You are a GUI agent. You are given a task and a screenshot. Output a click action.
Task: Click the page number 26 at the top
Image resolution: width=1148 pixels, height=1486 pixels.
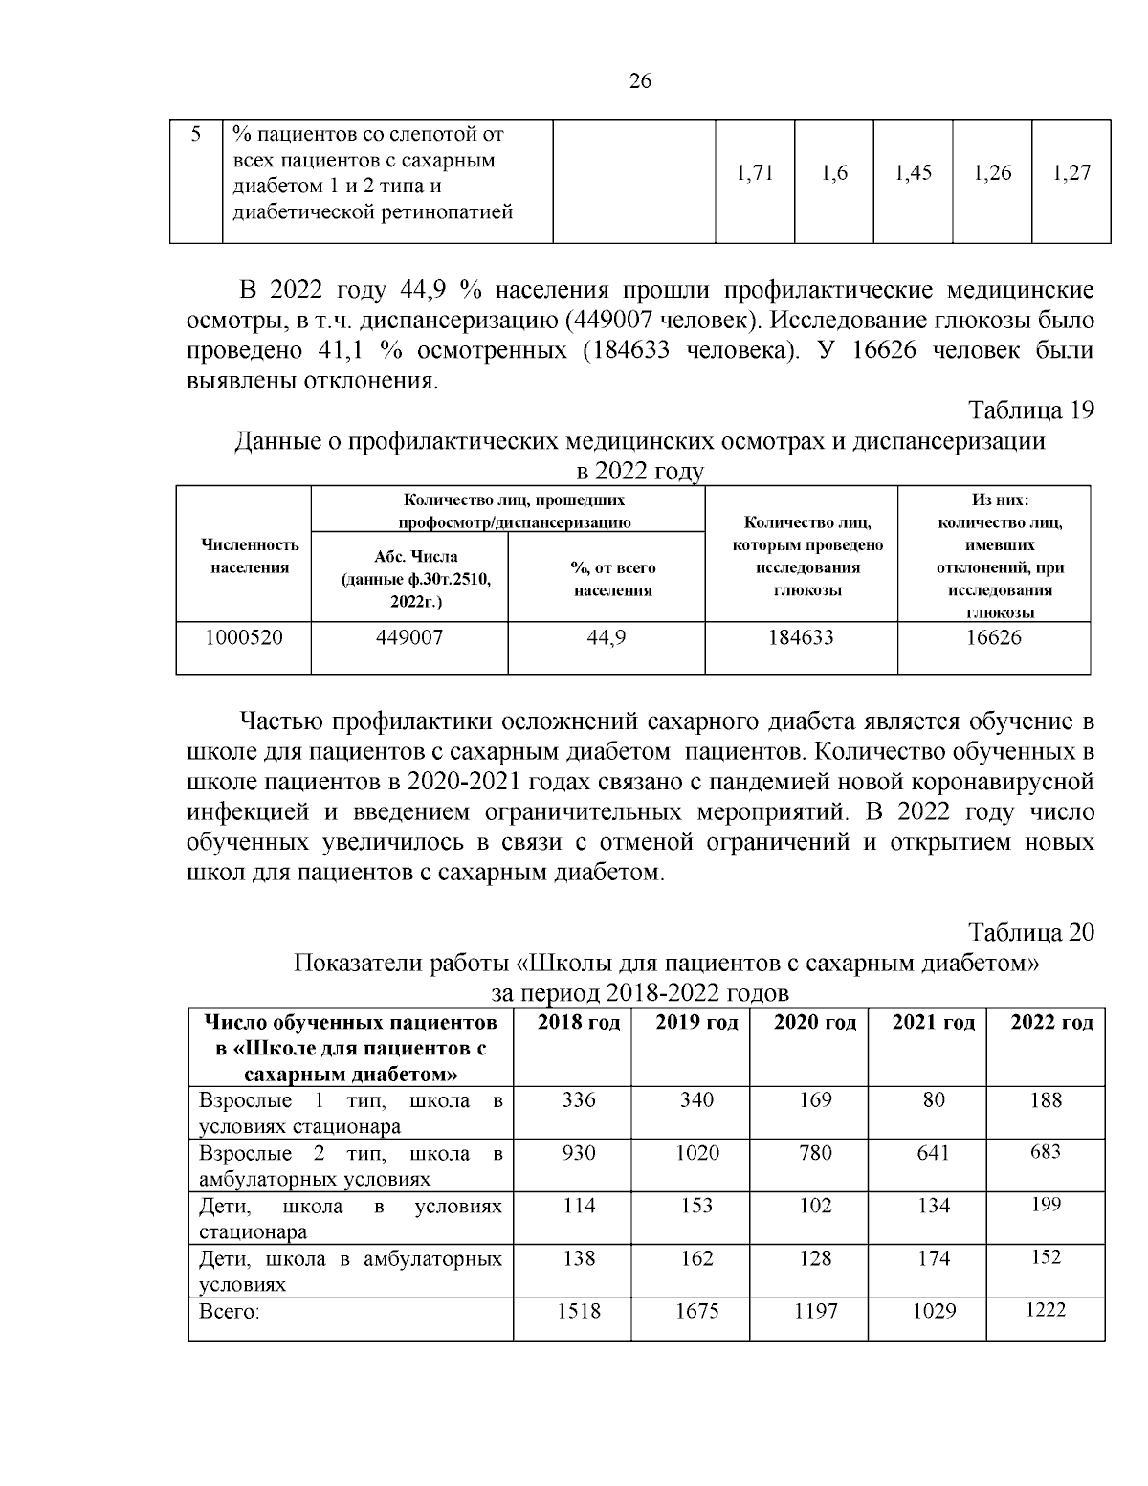(x=640, y=82)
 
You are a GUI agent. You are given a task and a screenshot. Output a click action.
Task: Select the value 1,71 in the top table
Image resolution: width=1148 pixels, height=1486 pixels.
(x=755, y=173)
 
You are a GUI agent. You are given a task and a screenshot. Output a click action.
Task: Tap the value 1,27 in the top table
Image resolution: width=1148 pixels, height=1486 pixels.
(x=1071, y=173)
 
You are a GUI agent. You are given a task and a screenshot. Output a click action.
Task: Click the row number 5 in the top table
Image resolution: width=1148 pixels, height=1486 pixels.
(x=195, y=134)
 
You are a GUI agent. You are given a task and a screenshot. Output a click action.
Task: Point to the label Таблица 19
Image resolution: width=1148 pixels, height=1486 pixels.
(x=1031, y=410)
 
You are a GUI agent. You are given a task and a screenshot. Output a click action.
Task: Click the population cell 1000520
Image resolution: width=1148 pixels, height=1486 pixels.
(x=244, y=637)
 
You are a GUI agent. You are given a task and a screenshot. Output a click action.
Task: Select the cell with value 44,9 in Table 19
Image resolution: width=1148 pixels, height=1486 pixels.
(x=606, y=637)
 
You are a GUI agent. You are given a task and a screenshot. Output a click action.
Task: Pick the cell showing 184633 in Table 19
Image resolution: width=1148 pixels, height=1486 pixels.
(x=801, y=637)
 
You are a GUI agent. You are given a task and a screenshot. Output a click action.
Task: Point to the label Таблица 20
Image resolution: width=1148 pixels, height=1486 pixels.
(x=1031, y=932)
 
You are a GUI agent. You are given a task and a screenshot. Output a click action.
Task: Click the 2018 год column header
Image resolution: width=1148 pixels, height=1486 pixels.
(x=578, y=1023)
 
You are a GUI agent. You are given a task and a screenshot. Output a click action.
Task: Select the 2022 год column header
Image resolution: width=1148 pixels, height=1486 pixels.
(x=1051, y=1023)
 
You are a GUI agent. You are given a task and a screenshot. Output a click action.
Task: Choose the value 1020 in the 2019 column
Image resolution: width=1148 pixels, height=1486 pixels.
(x=696, y=1153)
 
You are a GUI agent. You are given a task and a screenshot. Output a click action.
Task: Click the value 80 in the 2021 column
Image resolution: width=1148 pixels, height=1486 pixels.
(x=934, y=1100)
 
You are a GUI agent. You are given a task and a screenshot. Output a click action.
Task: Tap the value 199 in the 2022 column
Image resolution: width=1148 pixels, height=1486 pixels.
(x=1046, y=1205)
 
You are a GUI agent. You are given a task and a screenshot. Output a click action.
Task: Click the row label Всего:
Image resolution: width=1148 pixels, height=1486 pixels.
(x=230, y=1311)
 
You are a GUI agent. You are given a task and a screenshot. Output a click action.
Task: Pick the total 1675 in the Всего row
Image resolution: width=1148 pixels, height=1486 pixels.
(x=696, y=1311)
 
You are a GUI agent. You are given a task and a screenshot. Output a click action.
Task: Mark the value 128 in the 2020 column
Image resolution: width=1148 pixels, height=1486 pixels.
(x=815, y=1258)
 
